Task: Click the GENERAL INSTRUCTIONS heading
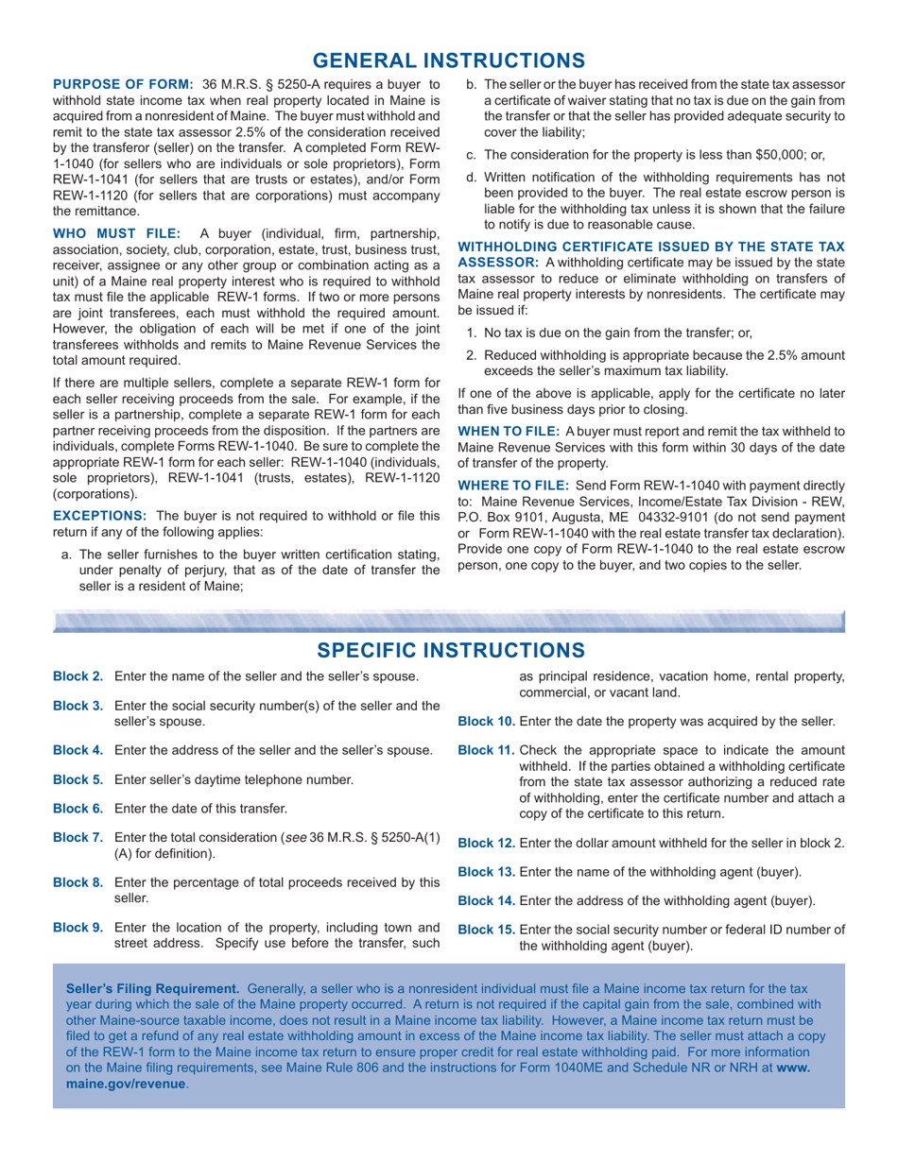[x=448, y=60]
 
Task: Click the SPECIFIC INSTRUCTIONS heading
[x=448, y=650]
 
